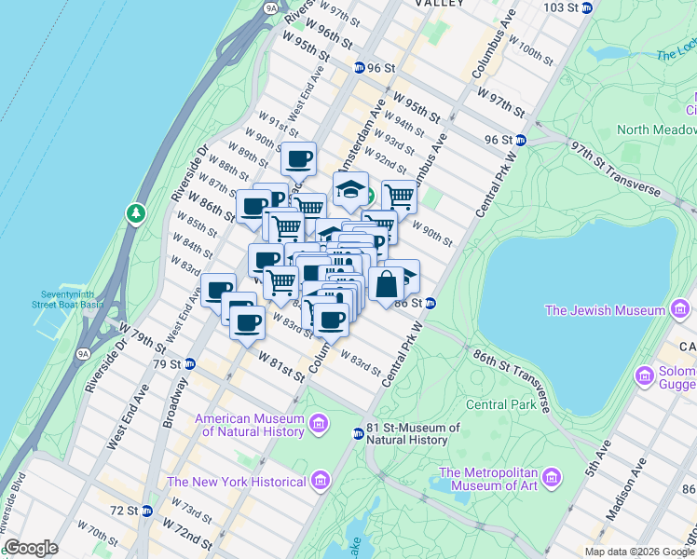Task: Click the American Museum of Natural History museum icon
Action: click(x=319, y=426)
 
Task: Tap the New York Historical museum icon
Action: click(x=320, y=482)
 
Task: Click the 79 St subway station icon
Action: click(x=189, y=363)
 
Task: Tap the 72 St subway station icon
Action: click(x=146, y=511)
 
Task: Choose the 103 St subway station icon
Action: click(x=586, y=7)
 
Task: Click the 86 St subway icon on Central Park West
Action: click(x=431, y=303)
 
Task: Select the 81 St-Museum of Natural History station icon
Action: click(x=357, y=433)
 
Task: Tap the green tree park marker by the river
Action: click(x=137, y=213)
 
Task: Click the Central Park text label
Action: click(x=500, y=404)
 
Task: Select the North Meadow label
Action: click(x=656, y=130)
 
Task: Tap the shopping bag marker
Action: click(x=386, y=282)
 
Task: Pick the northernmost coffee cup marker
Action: click(x=299, y=158)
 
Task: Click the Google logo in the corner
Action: click(x=31, y=548)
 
